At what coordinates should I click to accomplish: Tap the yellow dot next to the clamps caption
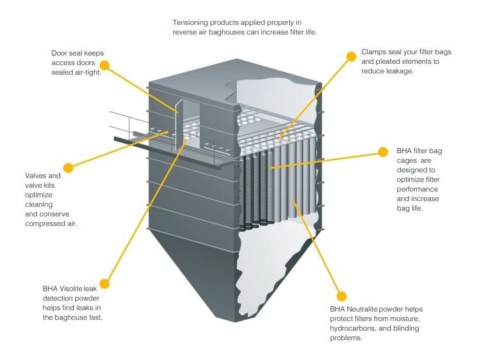[350, 56]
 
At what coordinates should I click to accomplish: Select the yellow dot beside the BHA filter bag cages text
[383, 152]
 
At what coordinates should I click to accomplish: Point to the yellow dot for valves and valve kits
[68, 167]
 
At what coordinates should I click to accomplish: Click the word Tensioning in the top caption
[192, 22]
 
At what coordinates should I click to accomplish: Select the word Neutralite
[368, 310]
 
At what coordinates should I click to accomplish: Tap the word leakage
[398, 71]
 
